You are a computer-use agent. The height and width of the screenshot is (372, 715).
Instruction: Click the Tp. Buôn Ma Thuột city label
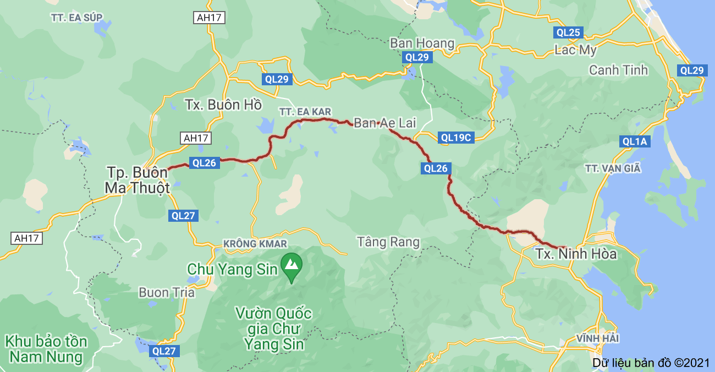click(x=137, y=180)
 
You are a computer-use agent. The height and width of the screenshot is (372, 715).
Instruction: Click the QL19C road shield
click(x=456, y=138)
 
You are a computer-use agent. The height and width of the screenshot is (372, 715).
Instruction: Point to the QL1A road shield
click(x=635, y=141)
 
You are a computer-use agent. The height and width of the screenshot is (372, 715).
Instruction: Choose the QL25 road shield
click(x=568, y=32)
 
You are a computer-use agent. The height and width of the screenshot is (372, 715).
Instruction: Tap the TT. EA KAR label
click(x=305, y=112)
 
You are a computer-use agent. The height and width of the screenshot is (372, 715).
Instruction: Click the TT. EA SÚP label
click(x=76, y=17)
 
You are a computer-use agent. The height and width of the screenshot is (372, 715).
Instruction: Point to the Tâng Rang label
click(x=388, y=242)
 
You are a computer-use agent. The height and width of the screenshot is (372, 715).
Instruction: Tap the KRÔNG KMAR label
click(x=255, y=243)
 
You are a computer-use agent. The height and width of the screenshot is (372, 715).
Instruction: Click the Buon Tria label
click(x=167, y=292)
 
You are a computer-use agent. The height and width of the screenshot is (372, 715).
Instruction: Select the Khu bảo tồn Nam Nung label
click(x=46, y=349)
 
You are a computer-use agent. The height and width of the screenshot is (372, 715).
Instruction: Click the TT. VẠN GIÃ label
click(x=613, y=168)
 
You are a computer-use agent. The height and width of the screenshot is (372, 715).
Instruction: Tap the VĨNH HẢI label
click(x=598, y=337)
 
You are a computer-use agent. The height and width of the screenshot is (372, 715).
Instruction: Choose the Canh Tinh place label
click(x=618, y=70)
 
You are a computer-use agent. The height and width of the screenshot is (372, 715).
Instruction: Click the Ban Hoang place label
click(x=422, y=43)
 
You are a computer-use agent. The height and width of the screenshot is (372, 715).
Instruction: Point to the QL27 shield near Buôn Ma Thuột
click(x=183, y=216)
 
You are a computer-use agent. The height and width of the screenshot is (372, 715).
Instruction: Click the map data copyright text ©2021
click(x=651, y=363)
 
